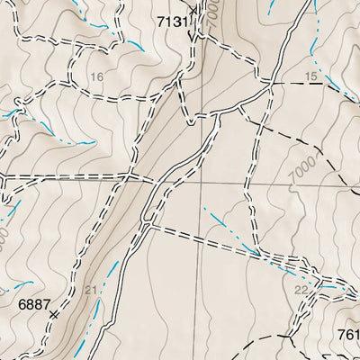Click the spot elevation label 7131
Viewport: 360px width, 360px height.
click(x=173, y=20)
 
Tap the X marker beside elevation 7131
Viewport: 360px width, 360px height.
click(x=193, y=34)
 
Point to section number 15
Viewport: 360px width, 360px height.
click(x=311, y=77)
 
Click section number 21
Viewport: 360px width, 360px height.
click(x=90, y=289)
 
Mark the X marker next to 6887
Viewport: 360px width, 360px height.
click(x=55, y=315)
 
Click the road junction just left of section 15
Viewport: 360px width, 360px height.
click(x=272, y=87)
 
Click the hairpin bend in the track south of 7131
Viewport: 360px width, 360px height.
click(x=189, y=121)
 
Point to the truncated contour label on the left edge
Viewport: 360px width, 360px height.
click(x=4, y=238)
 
